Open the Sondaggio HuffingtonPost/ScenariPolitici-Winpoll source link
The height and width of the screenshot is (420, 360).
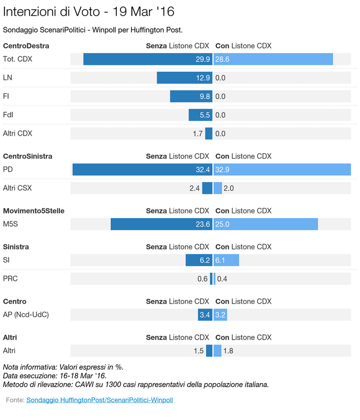(x=100, y=400)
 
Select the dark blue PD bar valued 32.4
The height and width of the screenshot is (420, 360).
(x=142, y=170)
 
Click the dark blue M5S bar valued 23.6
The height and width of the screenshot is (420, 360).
(x=161, y=224)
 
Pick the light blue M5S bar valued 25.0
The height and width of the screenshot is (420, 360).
(x=266, y=224)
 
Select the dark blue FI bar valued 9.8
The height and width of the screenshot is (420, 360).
(x=191, y=96)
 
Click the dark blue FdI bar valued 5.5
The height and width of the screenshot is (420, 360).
(x=200, y=115)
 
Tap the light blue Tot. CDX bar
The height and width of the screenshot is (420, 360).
(x=273, y=59)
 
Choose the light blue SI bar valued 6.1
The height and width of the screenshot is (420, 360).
(x=226, y=260)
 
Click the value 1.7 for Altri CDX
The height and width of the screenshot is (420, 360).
(x=198, y=133)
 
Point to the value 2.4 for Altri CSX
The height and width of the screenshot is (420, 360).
(x=194, y=188)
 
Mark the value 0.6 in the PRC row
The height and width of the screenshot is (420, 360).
(x=202, y=279)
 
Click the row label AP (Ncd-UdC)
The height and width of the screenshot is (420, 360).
(x=26, y=314)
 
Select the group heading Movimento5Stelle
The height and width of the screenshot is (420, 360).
(x=34, y=211)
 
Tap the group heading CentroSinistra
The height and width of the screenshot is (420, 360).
(x=28, y=156)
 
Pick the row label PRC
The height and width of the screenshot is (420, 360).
(x=11, y=279)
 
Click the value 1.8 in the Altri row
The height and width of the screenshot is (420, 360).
(x=228, y=351)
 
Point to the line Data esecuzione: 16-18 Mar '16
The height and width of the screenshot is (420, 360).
(x=55, y=376)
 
